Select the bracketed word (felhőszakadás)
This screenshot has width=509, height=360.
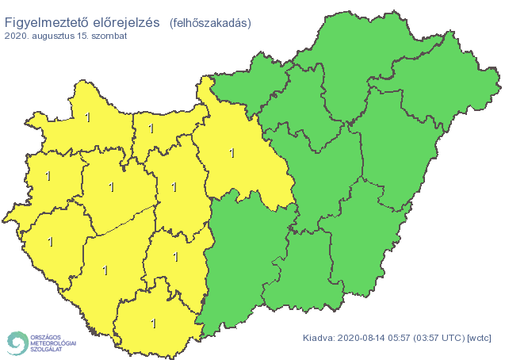click(210, 24)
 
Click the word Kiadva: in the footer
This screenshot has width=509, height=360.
click(320, 339)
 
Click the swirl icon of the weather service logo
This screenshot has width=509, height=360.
click(16, 343)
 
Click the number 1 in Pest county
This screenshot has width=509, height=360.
click(232, 153)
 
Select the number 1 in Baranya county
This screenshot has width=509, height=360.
click(153, 323)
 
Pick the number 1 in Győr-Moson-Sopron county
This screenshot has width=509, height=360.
click(87, 118)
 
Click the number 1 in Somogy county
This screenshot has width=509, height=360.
click(105, 270)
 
